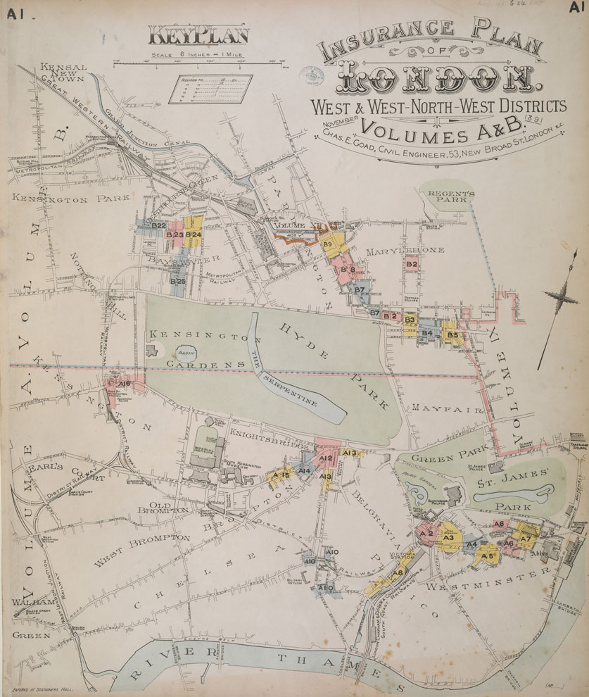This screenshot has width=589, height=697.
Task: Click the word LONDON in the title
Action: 439,80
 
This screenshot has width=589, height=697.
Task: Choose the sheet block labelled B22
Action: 158,225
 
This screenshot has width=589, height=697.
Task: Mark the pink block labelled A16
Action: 124,384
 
